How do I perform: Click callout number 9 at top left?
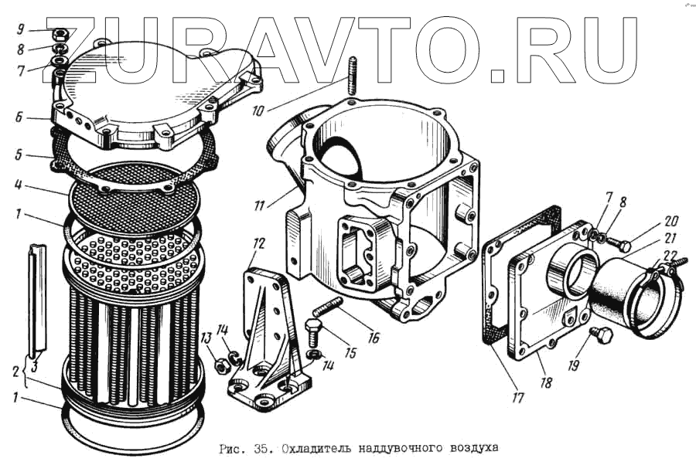[21, 30]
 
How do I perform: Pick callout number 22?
[671, 255]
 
